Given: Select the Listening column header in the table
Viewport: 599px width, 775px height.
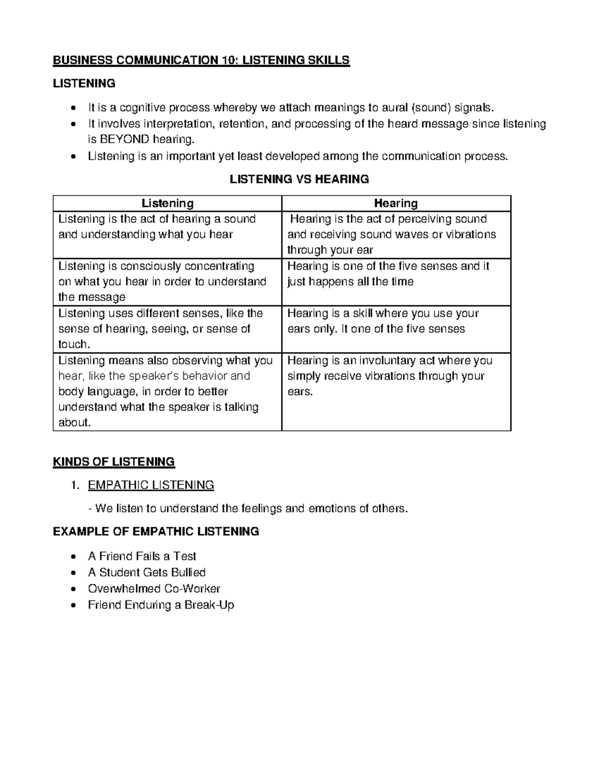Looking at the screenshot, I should point(167,203).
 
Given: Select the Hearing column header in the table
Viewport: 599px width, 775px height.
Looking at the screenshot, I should point(396,203).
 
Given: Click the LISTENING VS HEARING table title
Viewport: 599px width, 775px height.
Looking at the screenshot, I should point(299,179).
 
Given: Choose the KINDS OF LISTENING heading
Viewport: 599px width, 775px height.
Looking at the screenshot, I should point(114,462).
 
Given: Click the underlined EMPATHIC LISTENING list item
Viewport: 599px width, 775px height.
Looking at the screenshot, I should point(151,485).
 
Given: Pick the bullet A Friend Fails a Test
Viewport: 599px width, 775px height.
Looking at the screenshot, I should point(142,556).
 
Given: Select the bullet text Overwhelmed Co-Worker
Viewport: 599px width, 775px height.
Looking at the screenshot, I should point(154,588).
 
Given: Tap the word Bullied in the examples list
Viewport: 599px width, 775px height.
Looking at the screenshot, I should point(188,572).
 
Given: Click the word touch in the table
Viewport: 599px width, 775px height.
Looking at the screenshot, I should point(73,344).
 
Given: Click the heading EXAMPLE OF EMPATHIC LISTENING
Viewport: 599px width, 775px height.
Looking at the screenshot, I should point(156,531).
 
